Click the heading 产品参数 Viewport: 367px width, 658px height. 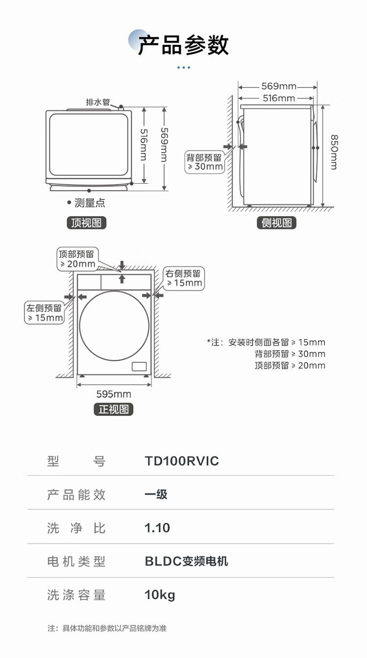point(183,45)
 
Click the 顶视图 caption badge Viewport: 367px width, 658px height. point(87,223)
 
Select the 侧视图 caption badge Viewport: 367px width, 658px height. point(276,223)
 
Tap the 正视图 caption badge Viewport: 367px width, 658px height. point(114,409)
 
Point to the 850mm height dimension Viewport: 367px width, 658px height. point(333,152)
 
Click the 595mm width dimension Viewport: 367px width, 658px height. point(114,394)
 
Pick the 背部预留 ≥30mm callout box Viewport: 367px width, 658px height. point(204,162)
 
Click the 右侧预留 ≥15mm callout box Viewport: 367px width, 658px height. point(183,278)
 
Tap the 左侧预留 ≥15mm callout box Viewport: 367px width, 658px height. point(45,313)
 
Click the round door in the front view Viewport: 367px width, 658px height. point(114,326)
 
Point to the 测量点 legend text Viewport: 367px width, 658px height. point(89,203)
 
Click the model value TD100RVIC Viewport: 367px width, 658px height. point(182,461)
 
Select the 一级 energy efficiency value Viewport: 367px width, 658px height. point(156,494)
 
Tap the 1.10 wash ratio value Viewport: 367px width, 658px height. point(157,528)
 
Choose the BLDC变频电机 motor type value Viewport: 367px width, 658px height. point(186,561)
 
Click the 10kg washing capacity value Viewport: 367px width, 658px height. point(160,595)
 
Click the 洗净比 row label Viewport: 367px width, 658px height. point(76,528)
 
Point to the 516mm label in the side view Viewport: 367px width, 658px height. point(278,98)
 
